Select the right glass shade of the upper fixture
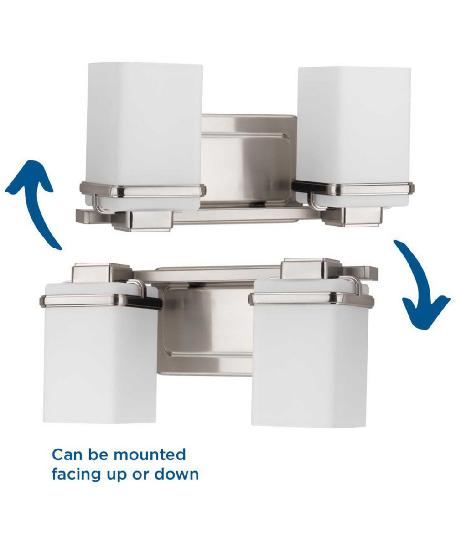354,125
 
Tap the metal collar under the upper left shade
142,189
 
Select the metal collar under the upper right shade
353,188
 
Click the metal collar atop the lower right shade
311,299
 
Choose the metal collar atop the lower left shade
100,300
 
